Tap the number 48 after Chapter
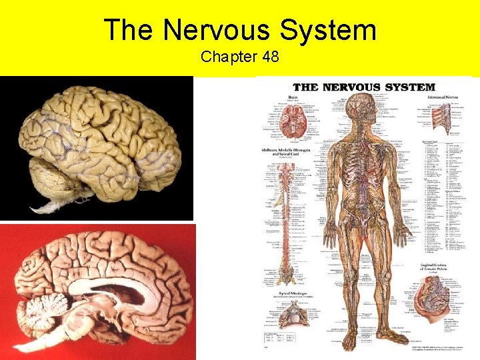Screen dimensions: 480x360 point(271,57)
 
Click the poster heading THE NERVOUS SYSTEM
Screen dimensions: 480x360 point(363,87)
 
